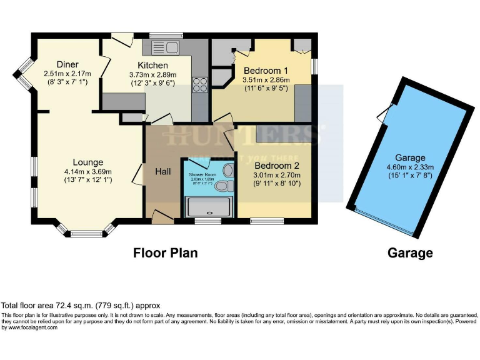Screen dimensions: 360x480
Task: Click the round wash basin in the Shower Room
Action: pos(228,170)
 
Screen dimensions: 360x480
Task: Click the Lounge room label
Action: pos(87,162)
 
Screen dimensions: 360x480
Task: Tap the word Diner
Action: pos(67,64)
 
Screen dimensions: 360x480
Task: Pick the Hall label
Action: pos(163,169)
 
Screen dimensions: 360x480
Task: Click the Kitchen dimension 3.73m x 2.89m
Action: pos(152,74)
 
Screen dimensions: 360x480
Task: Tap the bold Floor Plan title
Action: pos(165,252)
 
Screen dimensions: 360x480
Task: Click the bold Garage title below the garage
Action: pos(410,252)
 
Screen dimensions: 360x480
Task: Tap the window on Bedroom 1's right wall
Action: pos(314,67)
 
